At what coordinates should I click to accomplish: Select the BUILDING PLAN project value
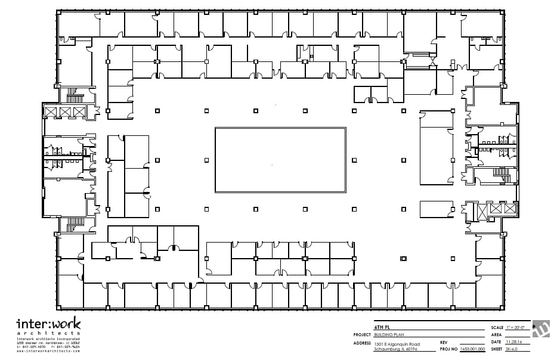(388, 336)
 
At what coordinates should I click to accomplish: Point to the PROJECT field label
(363, 336)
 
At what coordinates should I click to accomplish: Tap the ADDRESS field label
(362, 344)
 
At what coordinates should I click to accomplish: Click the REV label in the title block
(444, 343)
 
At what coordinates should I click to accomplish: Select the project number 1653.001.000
(472, 349)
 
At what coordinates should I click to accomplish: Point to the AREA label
(496, 336)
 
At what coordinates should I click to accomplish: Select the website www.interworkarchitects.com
(48, 352)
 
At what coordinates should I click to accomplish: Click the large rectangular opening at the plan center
(280, 160)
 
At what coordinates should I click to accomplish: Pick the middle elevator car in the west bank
(65, 112)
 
